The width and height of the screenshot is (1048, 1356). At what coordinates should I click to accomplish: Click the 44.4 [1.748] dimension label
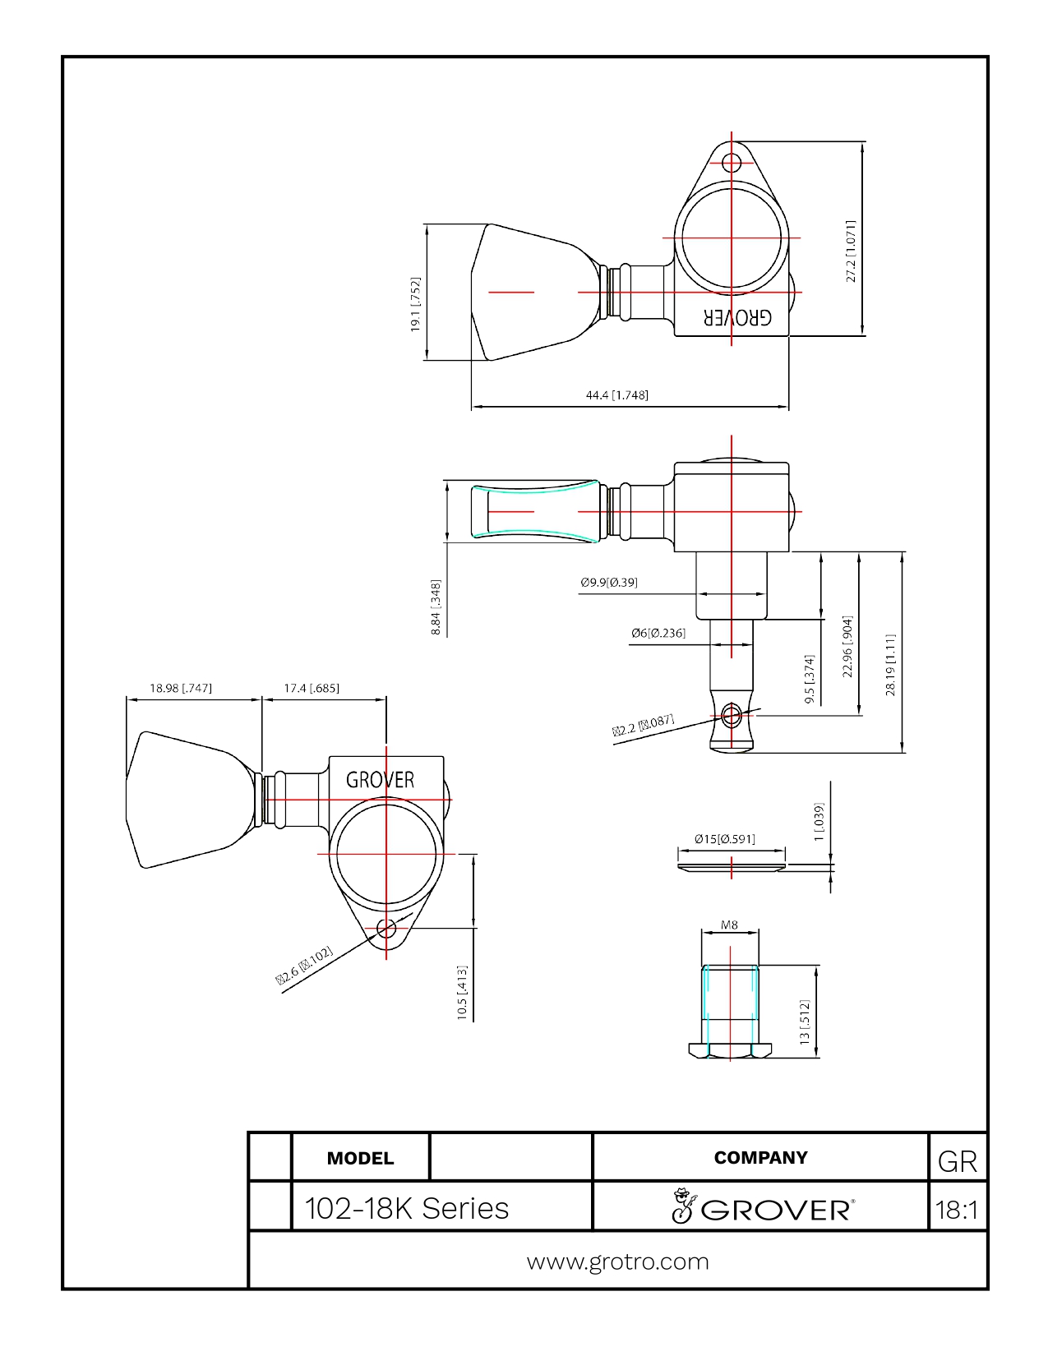(x=616, y=395)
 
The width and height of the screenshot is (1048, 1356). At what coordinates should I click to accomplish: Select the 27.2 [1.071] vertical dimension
(x=851, y=251)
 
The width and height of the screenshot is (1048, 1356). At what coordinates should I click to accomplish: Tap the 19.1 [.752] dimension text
(x=415, y=305)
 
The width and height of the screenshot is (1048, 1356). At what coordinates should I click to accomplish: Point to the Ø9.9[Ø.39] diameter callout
(x=608, y=582)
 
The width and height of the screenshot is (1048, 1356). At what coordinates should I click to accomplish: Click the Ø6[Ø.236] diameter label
(x=658, y=633)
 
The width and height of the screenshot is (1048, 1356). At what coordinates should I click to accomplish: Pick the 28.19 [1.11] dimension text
(x=890, y=665)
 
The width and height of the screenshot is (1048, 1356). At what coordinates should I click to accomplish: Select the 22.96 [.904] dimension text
(x=847, y=647)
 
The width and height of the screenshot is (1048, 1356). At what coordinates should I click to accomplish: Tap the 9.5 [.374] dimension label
(x=810, y=679)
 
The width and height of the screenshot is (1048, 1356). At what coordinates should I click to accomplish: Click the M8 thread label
(x=729, y=925)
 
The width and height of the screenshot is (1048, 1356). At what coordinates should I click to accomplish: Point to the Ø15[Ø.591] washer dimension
(x=725, y=839)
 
